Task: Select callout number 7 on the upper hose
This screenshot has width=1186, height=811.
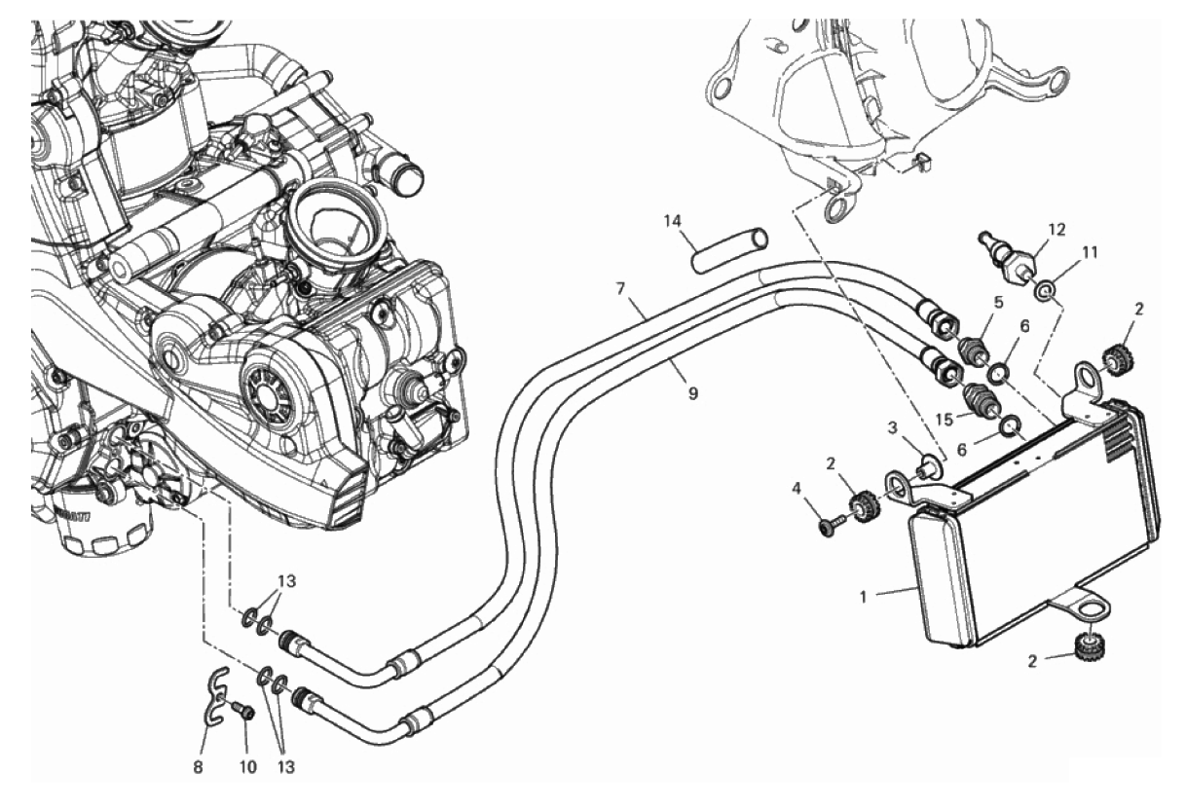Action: pyautogui.click(x=620, y=289)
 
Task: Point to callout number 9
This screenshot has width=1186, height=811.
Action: pyautogui.click(x=692, y=393)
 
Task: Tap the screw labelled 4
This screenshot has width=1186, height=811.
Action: pyautogui.click(x=829, y=527)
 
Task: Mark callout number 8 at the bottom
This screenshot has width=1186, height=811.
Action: pyautogui.click(x=198, y=767)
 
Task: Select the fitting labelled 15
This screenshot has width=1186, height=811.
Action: pyautogui.click(x=978, y=400)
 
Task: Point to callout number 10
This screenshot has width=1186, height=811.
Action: pyautogui.click(x=248, y=767)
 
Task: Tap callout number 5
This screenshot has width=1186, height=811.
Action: pyautogui.click(x=997, y=303)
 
